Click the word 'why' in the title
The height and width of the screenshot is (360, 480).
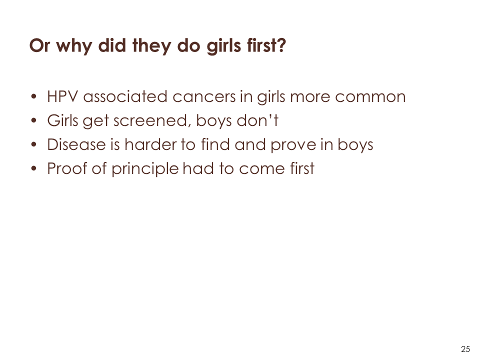[x=74, y=46]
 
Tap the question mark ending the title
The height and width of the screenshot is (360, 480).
[x=281, y=45]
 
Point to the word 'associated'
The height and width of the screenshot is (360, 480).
[x=125, y=96]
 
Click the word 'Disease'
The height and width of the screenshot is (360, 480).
[x=76, y=144]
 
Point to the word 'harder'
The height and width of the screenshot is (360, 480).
[x=150, y=144]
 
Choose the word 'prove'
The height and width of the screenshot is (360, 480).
[x=293, y=145]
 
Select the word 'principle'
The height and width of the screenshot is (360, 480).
[x=145, y=169]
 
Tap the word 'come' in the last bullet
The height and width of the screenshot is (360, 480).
[x=261, y=169]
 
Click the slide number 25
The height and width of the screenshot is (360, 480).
[x=465, y=349]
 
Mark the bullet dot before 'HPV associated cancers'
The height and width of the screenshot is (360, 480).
[x=33, y=97]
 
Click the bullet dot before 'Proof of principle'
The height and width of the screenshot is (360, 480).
[x=33, y=168]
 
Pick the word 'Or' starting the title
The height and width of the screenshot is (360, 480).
[x=39, y=46]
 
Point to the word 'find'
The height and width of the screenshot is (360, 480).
[x=215, y=144]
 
